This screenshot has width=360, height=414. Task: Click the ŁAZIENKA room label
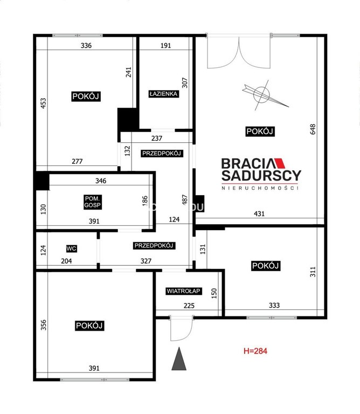[x=163, y=94]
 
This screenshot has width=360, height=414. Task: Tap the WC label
[x=71, y=249]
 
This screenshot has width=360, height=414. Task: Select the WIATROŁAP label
[x=184, y=291]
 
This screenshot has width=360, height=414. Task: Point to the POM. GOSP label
[x=92, y=202]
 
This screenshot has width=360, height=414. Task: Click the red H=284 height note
[x=255, y=351]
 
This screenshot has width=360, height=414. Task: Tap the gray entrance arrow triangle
[x=179, y=359]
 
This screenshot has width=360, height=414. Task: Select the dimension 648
[x=313, y=129]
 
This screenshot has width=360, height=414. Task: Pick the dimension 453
[x=43, y=103]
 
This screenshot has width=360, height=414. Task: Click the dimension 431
[x=259, y=213]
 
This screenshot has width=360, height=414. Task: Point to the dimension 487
[x=184, y=199]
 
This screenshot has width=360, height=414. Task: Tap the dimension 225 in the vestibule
[x=189, y=306]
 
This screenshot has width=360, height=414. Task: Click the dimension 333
[x=274, y=305]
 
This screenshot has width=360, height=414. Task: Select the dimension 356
[x=43, y=325]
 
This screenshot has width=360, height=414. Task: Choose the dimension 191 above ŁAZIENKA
[x=165, y=45]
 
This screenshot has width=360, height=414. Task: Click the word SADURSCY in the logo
[x=261, y=175]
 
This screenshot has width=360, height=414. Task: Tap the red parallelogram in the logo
[x=280, y=163]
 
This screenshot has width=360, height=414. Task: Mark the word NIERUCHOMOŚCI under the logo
[x=260, y=188]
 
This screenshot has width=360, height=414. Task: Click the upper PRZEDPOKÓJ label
[x=162, y=154]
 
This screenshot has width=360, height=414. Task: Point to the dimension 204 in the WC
[x=66, y=261]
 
